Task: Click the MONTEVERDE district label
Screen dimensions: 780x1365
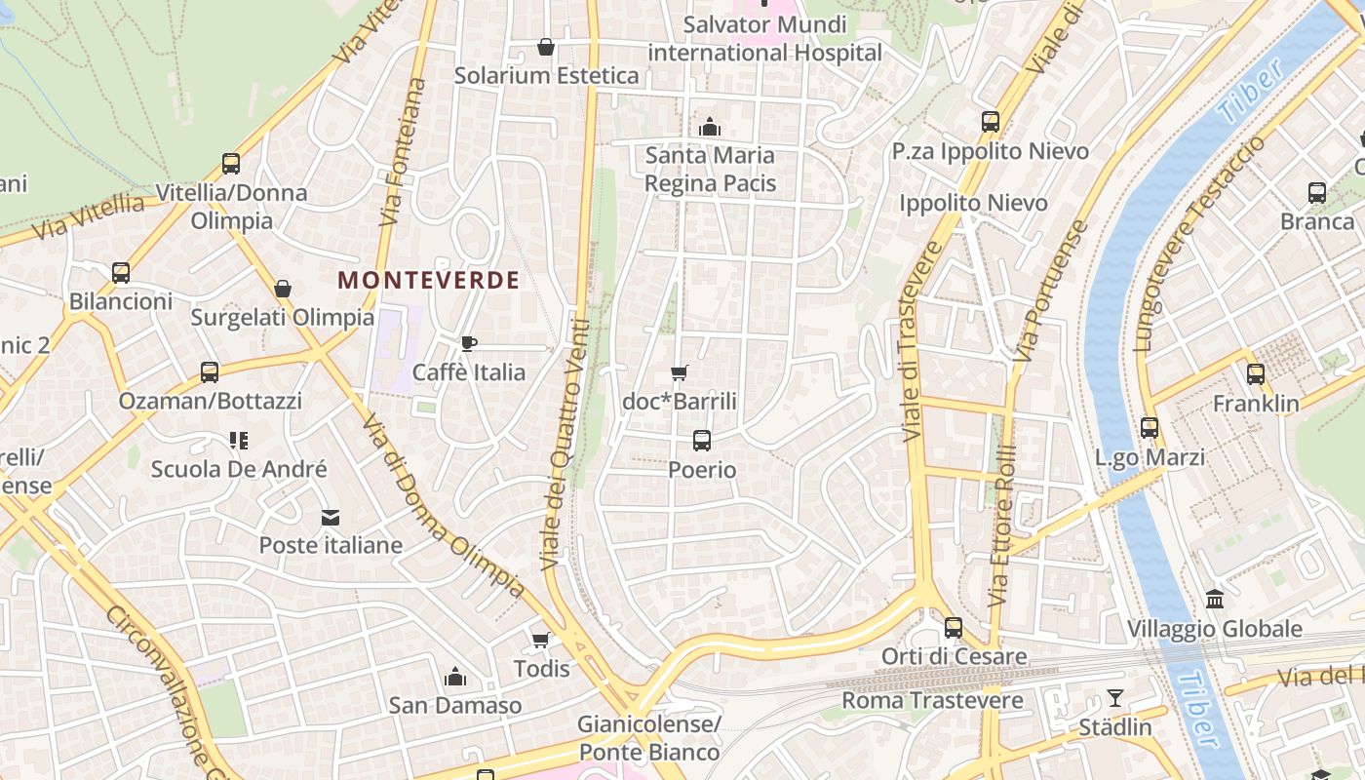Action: tap(428, 280)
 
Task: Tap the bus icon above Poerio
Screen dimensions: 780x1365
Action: tap(702, 441)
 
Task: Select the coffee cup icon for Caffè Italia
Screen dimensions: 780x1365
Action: tap(469, 343)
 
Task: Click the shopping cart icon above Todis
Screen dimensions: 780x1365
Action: tap(540, 640)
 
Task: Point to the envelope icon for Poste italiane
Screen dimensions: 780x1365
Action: tap(331, 517)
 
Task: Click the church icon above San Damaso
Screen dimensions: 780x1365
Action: tap(454, 677)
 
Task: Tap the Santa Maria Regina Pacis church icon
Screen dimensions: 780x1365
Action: tap(710, 127)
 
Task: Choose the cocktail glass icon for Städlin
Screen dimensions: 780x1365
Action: tap(1114, 698)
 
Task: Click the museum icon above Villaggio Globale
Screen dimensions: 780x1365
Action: tap(1215, 599)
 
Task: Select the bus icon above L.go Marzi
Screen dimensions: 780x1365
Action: tap(1150, 428)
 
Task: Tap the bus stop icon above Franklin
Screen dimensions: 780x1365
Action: tap(1256, 374)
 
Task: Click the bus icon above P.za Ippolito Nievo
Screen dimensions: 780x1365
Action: tap(991, 122)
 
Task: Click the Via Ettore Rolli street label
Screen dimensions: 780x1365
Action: tap(1003, 526)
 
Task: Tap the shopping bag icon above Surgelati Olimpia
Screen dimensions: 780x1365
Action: tap(283, 289)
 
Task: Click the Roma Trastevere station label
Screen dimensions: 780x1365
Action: tap(932, 700)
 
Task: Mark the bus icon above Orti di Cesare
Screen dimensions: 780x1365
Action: tap(954, 628)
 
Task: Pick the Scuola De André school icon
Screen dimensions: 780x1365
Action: tap(239, 441)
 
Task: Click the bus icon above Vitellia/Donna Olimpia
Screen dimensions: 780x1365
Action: tap(231, 164)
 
